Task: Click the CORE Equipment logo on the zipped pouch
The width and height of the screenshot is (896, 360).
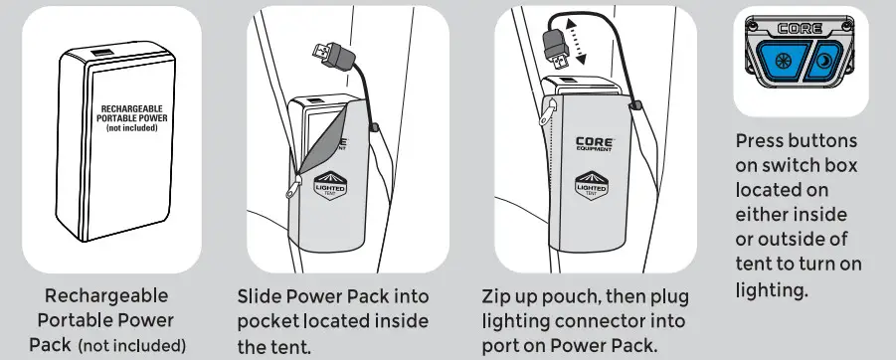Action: pos(596,146)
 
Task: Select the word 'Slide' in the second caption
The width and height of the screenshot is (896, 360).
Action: pos(261,297)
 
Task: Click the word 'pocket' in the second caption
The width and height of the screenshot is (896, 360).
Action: pos(267,322)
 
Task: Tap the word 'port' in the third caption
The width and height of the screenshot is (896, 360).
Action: pos(499,347)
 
